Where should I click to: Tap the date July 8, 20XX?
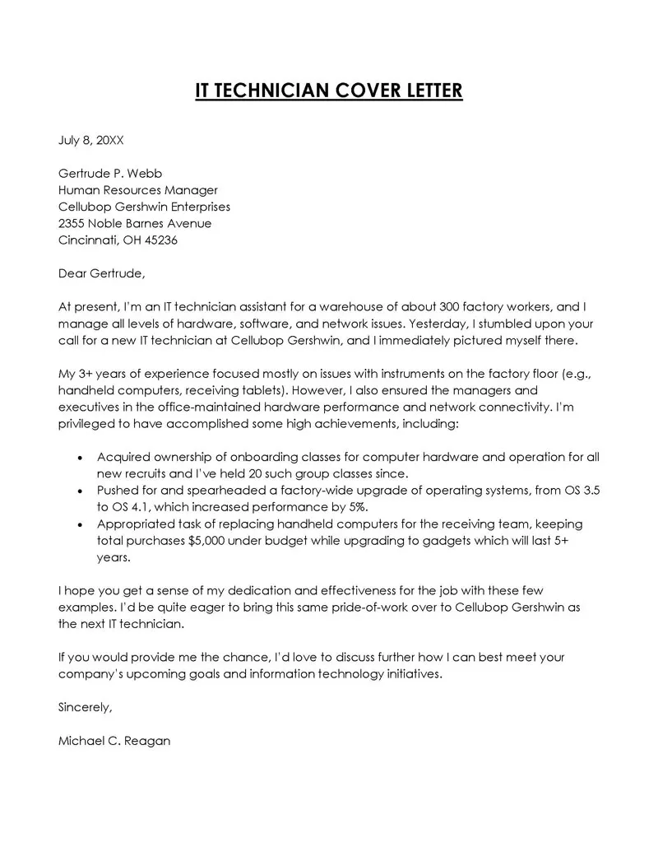click(90, 141)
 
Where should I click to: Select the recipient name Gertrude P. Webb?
click(110, 174)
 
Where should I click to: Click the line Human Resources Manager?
click(137, 190)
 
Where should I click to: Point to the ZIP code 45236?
click(161, 240)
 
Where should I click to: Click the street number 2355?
click(72, 224)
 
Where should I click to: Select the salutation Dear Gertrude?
click(101, 273)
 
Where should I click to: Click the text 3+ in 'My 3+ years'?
click(87, 374)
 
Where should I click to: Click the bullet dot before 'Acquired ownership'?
click(79, 458)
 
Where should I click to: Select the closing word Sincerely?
click(86, 707)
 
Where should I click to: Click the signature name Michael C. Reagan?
click(114, 740)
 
